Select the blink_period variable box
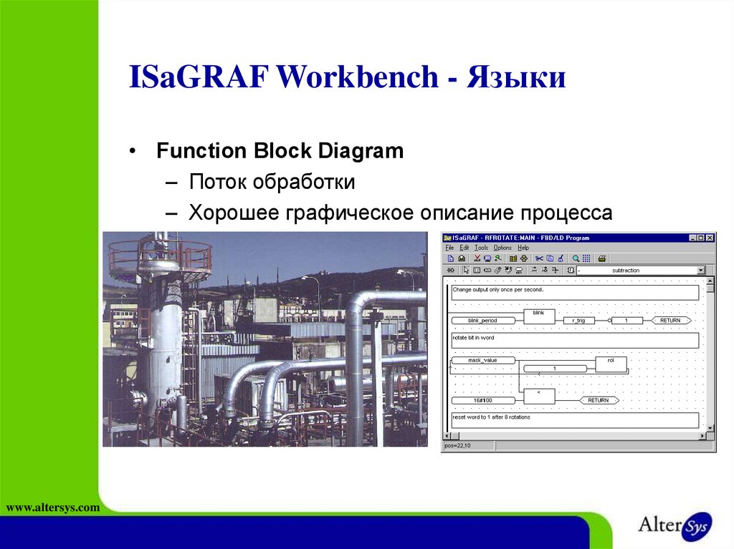click(482, 321)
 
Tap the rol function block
click(611, 364)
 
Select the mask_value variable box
click(482, 360)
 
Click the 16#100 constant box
click(482, 400)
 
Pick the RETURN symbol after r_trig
click(670, 321)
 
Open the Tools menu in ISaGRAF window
click(481, 248)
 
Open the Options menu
click(502, 248)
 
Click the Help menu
click(523, 248)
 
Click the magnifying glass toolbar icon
click(575, 258)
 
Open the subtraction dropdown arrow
click(700, 271)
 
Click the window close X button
click(710, 238)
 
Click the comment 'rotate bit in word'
click(473, 337)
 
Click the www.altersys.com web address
click(52, 507)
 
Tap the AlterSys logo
click(675, 525)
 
